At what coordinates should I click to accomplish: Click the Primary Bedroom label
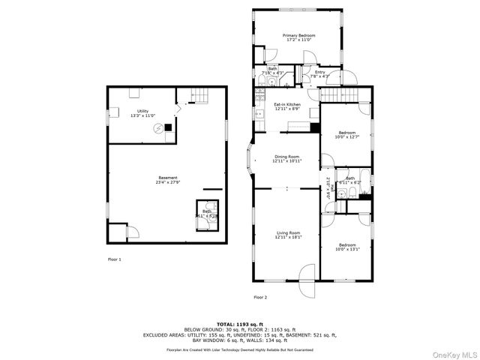coord(298,35)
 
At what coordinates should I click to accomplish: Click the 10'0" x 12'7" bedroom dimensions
coord(346,136)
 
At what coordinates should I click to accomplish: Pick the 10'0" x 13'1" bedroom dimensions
coord(346,248)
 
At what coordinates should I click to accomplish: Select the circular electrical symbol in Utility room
coord(158,128)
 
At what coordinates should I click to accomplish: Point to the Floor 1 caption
coord(114,259)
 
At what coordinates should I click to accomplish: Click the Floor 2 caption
coord(259,298)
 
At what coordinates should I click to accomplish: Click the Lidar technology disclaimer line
coord(240,349)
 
